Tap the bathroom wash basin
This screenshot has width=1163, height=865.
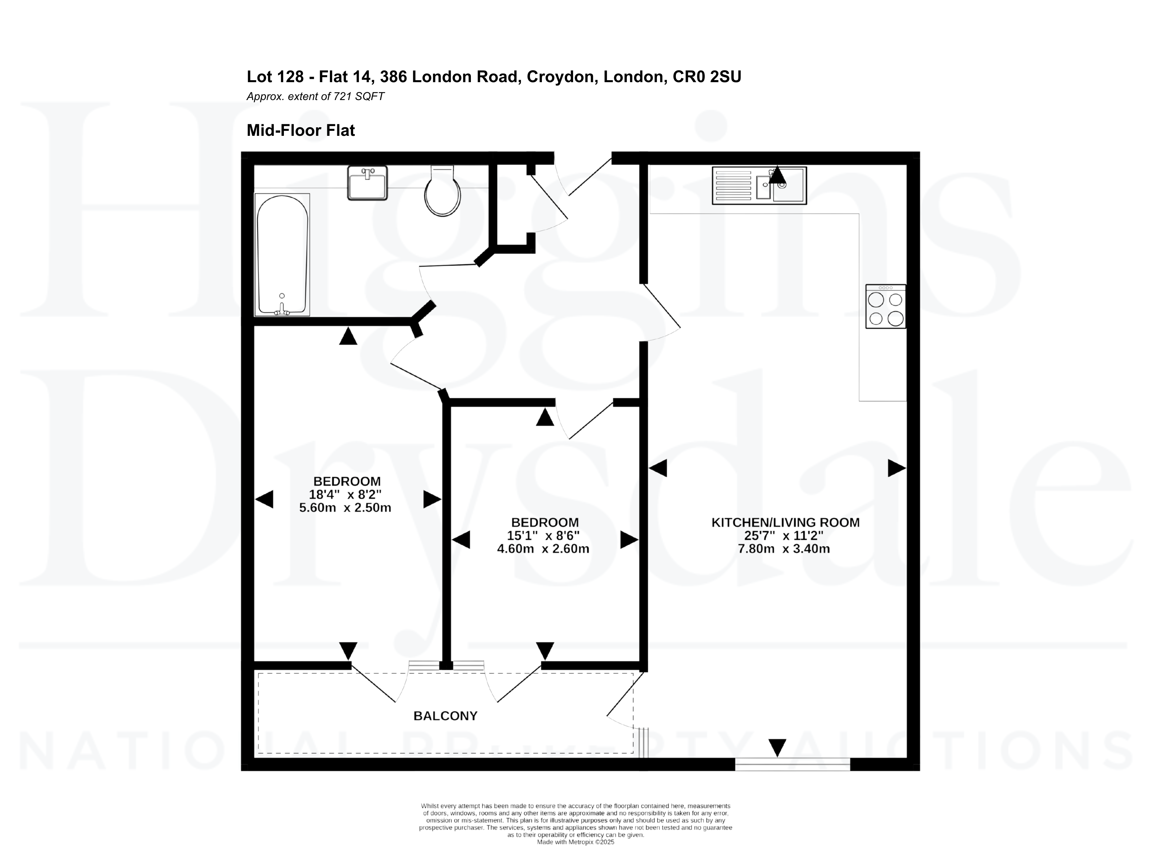(x=367, y=183)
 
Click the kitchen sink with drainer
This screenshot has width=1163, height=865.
(x=759, y=186)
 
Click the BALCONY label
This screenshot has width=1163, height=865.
(x=445, y=716)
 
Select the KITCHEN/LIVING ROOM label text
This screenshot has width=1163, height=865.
(x=785, y=522)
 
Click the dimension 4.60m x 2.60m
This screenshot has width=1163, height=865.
(x=543, y=549)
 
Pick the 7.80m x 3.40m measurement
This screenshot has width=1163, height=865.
(x=784, y=549)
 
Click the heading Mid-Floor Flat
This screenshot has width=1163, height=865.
(x=301, y=131)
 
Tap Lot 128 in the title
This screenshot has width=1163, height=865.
(x=275, y=77)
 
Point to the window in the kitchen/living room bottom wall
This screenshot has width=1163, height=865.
(x=793, y=764)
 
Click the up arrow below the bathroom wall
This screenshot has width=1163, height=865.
(x=348, y=336)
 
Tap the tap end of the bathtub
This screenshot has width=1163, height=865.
(x=282, y=309)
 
